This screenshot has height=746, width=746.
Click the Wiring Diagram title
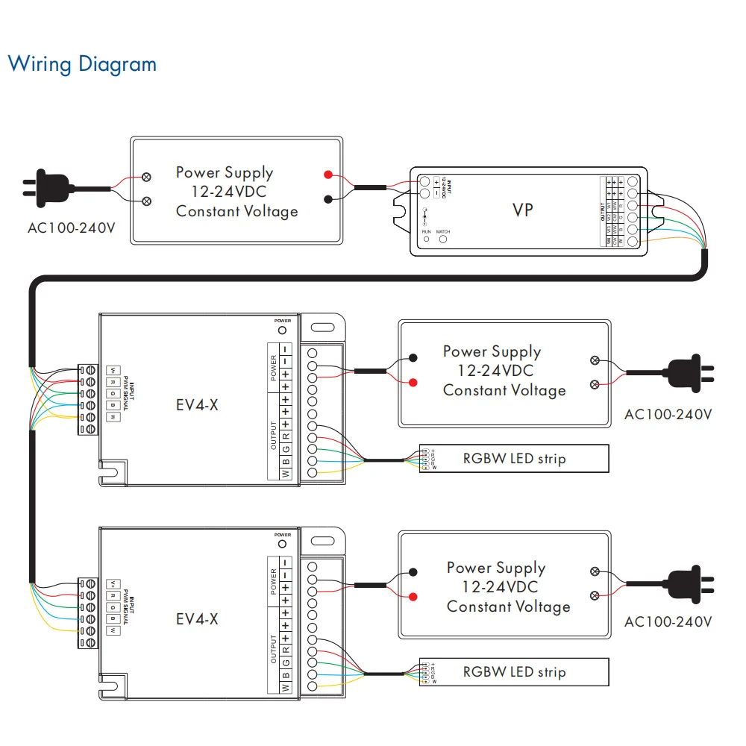pyautogui.click(x=82, y=64)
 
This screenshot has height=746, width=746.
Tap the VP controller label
pyautogui.click(x=523, y=210)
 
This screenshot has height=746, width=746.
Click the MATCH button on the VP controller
pyautogui.click(x=443, y=242)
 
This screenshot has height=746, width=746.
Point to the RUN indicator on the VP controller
pyautogui.click(x=427, y=242)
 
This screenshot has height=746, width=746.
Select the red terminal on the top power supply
pyautogui.click(x=328, y=175)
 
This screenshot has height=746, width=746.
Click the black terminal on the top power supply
pyautogui.click(x=328, y=198)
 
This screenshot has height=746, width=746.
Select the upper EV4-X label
pyautogui.click(x=197, y=406)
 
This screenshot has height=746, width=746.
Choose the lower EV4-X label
pyautogui.click(x=197, y=619)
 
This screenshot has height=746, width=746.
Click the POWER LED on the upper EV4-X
pyautogui.click(x=282, y=330)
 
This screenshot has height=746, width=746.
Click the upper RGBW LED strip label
pyautogui.click(x=514, y=458)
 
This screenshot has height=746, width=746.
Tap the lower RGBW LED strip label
pyautogui.click(x=514, y=672)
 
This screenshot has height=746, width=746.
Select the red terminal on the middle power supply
pyautogui.click(x=413, y=383)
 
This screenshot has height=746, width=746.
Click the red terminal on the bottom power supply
pyautogui.click(x=413, y=597)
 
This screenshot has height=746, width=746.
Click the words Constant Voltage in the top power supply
pyautogui.click(x=236, y=211)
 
